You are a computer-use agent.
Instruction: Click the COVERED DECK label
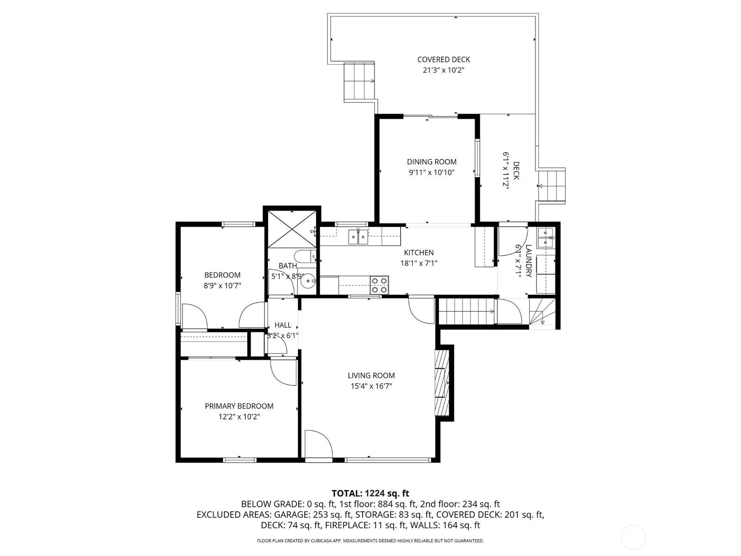click(x=443, y=59)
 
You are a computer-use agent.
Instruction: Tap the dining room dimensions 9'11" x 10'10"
click(x=432, y=172)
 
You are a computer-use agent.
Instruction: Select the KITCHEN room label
click(x=419, y=253)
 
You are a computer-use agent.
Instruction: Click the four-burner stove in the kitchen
click(x=379, y=285)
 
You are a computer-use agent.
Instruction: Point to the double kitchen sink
click(x=358, y=236)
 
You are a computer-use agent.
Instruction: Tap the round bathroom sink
click(x=308, y=280)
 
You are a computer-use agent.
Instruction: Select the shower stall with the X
click(x=292, y=229)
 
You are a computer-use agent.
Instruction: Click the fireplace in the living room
click(x=442, y=383)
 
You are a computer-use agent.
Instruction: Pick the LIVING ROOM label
click(x=371, y=375)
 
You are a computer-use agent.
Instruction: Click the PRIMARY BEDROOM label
click(x=239, y=406)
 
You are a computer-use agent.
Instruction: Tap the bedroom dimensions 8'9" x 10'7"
click(x=222, y=285)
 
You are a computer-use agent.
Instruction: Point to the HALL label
click(x=283, y=325)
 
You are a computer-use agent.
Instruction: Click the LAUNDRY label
click(x=528, y=261)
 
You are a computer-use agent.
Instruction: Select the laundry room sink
click(x=546, y=238)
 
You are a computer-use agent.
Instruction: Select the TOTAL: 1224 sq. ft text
click(x=370, y=493)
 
